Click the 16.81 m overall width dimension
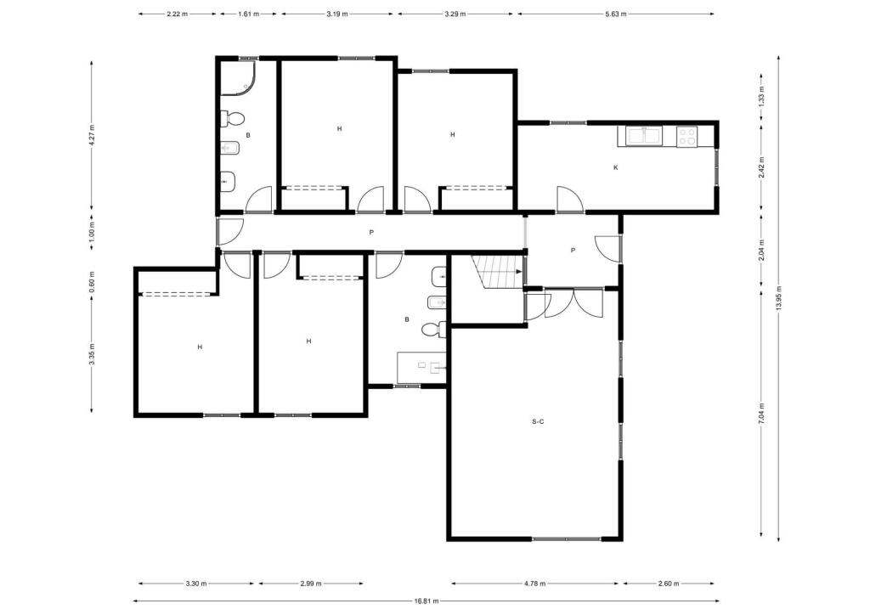pyautogui.click(x=427, y=601)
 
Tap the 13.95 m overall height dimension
pyautogui.click(x=779, y=299)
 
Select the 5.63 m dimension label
pyautogui.click(x=615, y=14)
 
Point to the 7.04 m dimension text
pyautogui.click(x=762, y=414)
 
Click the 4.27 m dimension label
pyautogui.click(x=92, y=135)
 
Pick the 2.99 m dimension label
pyautogui.click(x=311, y=584)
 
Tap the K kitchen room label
pyautogui.click(x=615, y=167)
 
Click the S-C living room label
pyautogui.click(x=538, y=421)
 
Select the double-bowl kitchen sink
pyautogui.click(x=644, y=135)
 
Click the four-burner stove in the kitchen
pyautogui.click(x=686, y=136)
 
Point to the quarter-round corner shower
pyautogui.click(x=238, y=78)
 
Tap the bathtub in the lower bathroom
pyautogui.click(x=421, y=368)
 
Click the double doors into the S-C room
pyautogui.click(x=573, y=303)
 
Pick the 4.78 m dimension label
pyautogui.click(x=535, y=584)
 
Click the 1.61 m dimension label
pyautogui.click(x=249, y=14)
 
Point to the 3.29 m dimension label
pyautogui.click(x=455, y=14)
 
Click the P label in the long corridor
pyautogui.click(x=371, y=233)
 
